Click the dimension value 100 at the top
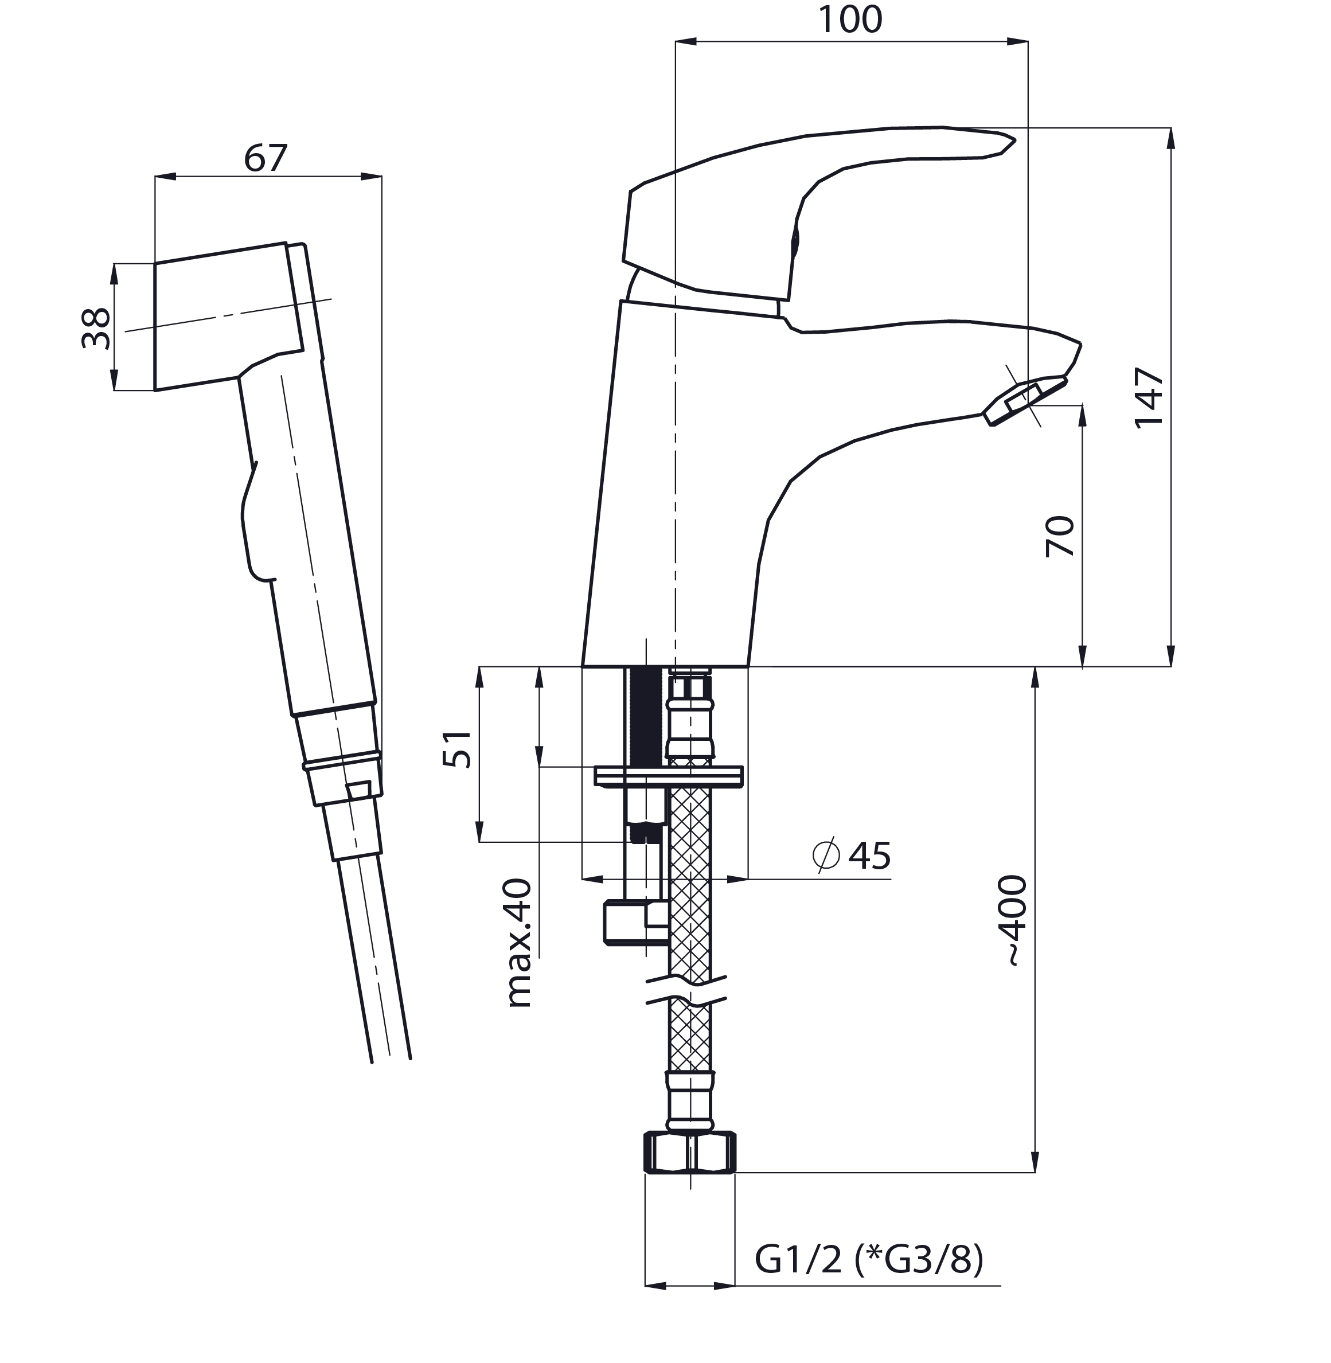coord(849,19)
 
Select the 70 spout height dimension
coord(1060,536)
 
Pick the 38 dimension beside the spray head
coord(96,329)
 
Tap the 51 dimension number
coord(457,749)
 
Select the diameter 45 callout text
coord(852,856)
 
